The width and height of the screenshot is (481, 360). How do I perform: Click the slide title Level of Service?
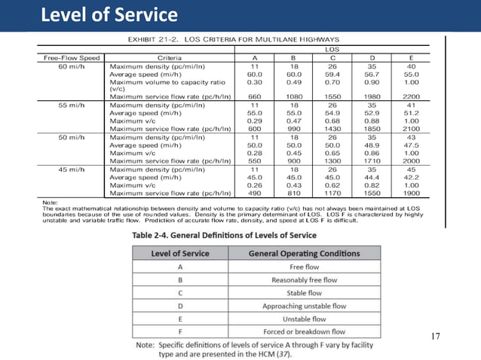[109, 14]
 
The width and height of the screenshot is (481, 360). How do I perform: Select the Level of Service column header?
[180, 253]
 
